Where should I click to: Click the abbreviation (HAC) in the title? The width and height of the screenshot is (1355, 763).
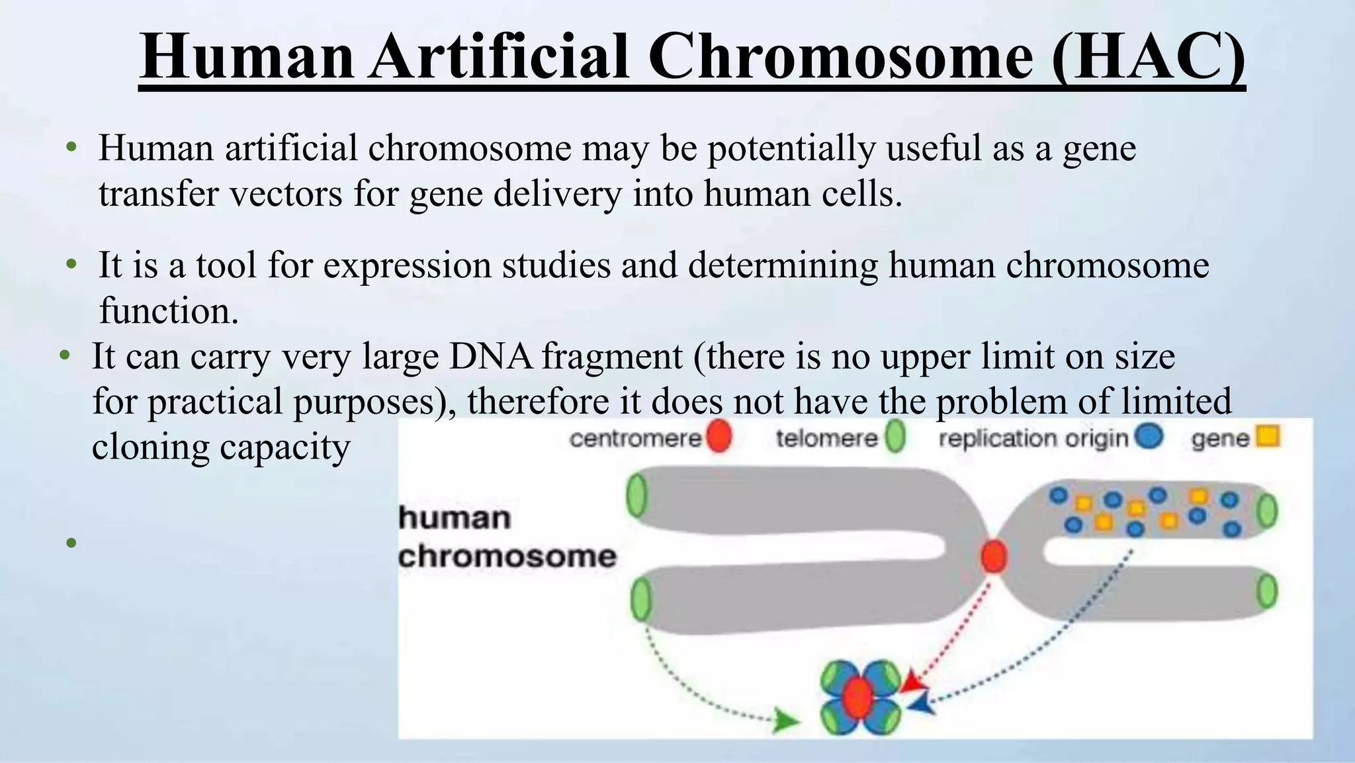click(1148, 58)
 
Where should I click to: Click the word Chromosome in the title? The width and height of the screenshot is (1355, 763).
click(840, 58)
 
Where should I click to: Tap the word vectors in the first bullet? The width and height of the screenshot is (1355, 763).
click(286, 194)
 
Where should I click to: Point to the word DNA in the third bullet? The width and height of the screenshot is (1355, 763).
click(491, 357)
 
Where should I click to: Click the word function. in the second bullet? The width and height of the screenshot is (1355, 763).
click(169, 311)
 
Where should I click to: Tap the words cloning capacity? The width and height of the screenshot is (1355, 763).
click(220, 447)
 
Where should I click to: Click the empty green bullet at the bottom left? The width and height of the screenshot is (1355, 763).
click(71, 544)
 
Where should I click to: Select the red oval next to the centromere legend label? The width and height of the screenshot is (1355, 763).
click(719, 437)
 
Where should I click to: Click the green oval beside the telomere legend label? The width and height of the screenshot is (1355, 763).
click(895, 437)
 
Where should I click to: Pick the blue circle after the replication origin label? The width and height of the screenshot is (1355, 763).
click(1149, 437)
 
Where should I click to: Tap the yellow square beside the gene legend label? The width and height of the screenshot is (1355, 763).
click(1268, 437)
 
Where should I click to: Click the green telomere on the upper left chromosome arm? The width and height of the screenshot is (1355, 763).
click(636, 496)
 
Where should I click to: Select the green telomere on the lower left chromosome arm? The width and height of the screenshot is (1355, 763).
click(640, 599)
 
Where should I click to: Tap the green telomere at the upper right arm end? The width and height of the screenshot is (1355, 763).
click(1267, 511)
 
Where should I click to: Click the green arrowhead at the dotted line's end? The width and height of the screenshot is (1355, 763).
click(785, 721)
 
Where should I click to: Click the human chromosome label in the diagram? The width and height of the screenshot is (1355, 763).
click(507, 537)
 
